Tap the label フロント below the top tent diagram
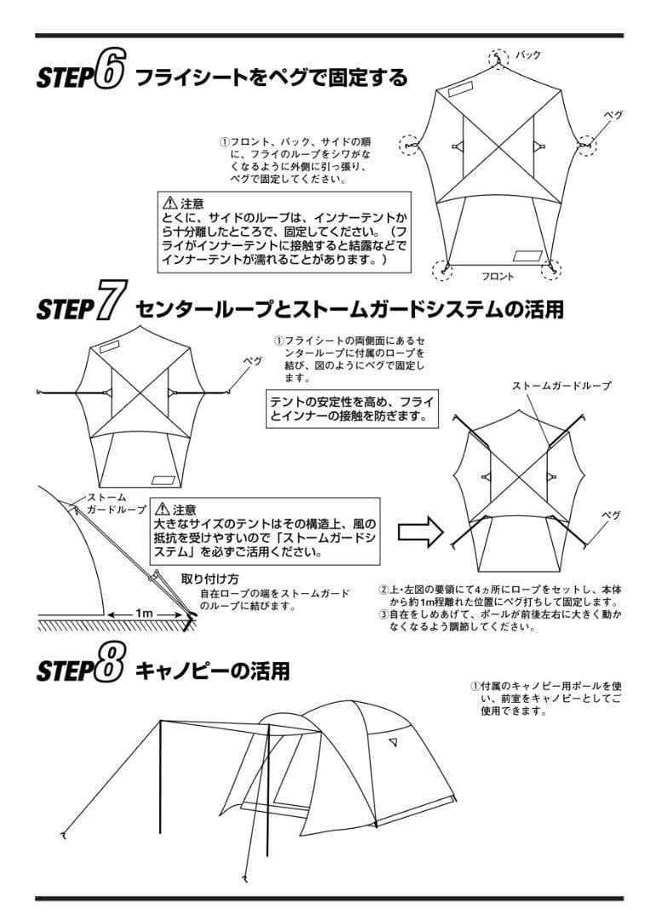coord(498,277)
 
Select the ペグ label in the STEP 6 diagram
coord(613,113)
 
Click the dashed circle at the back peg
coord(498,59)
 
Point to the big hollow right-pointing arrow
coord(422,534)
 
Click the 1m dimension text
coord(143,612)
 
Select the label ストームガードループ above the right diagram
coord(561,386)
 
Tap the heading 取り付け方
coord(210,578)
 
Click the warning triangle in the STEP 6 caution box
coord(170,203)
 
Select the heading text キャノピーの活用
coord(213,670)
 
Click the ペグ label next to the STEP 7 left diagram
coord(253,360)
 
